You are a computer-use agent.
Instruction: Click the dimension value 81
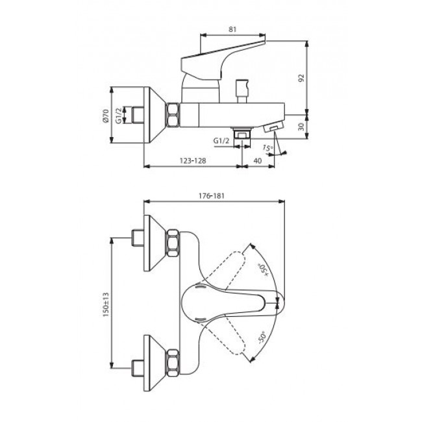point(232,29)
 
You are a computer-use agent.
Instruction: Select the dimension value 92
point(301,78)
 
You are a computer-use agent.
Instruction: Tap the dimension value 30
point(301,127)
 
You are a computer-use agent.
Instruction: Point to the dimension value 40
point(258,160)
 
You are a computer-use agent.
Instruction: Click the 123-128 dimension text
point(193,160)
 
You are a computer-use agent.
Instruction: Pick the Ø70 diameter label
point(105,116)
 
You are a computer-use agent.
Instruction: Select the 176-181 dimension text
point(212,195)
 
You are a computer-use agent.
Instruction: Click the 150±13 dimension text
point(106,304)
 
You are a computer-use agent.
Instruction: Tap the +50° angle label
point(264,270)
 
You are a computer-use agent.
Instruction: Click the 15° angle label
point(267,148)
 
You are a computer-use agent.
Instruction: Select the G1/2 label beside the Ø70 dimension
point(119,115)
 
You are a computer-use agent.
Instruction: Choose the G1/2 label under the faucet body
point(221,140)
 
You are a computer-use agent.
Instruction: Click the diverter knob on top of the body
point(242,91)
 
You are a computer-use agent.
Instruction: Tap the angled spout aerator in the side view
point(273,126)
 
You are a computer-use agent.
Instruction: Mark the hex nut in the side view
point(173,115)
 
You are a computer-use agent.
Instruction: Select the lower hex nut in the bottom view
point(173,362)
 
